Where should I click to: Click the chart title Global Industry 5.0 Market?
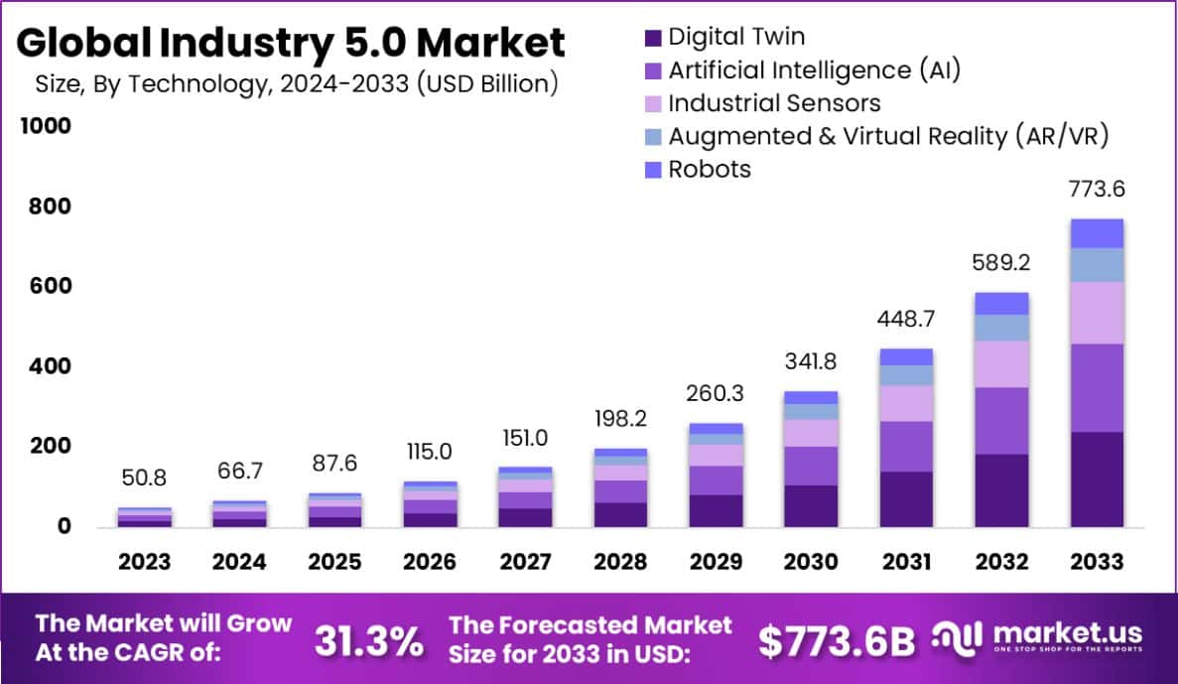point(291,43)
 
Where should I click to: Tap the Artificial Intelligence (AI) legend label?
point(814,70)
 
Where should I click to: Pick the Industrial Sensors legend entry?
point(774,103)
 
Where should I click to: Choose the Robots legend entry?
point(710,169)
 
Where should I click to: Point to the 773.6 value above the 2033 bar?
point(1097,190)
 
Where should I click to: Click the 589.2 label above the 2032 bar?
point(1001,264)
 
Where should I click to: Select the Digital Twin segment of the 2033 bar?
point(1097,479)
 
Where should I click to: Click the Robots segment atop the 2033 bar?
point(1097,233)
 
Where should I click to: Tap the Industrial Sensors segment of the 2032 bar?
point(1001,364)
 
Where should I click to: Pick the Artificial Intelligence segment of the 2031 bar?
point(906,446)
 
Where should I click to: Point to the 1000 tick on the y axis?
point(44,126)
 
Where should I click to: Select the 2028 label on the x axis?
point(620,562)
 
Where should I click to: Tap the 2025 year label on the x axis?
point(334,562)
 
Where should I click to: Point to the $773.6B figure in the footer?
point(837,642)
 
